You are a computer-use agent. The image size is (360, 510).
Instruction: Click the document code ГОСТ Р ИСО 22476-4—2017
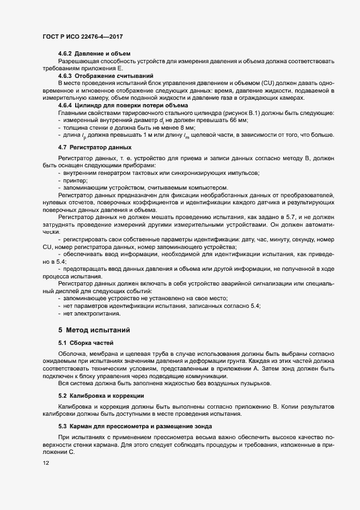click(82, 35)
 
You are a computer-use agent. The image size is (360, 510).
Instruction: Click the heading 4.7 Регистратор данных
click(94, 148)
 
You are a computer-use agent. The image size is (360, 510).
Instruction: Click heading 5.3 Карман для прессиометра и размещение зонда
click(136, 425)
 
